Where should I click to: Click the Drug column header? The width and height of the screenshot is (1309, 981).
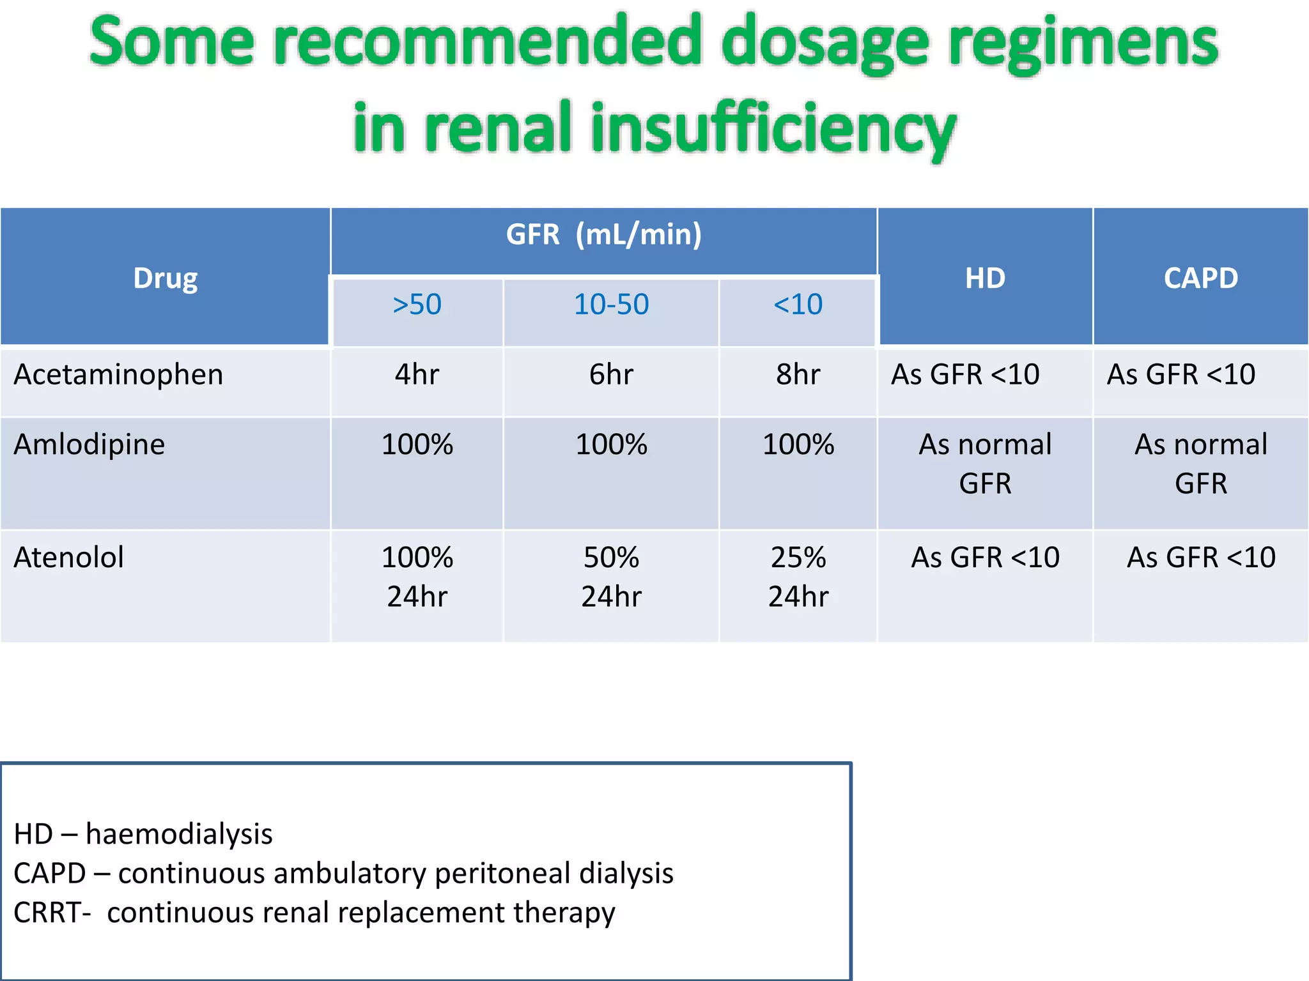coord(165,278)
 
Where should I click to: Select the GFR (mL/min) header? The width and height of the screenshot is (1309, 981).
coord(603,234)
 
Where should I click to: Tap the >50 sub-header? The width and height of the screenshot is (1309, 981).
coord(417,305)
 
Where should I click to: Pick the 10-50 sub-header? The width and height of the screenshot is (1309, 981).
coord(611,305)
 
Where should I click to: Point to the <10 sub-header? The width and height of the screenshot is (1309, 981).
coord(798,305)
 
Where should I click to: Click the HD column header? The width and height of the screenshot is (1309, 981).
coord(985,278)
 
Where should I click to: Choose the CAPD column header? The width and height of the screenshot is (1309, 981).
coord(1200,278)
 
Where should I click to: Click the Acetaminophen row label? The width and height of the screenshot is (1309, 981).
coord(119,375)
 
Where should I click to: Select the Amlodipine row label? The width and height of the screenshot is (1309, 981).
coord(89,445)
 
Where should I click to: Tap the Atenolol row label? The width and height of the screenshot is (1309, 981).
coord(69,558)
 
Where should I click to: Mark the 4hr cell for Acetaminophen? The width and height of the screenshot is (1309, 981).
coord(417,375)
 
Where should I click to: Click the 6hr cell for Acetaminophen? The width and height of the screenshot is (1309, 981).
coord(611,375)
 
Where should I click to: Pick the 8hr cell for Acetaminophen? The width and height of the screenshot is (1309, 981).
coord(798,375)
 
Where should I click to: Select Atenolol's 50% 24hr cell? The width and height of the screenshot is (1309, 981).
coord(611,577)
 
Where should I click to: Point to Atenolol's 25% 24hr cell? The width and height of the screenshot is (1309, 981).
coord(798,577)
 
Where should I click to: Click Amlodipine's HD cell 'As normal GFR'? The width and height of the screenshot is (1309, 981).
coord(985,464)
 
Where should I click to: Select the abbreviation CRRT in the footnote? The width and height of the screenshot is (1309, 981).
coord(48,913)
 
